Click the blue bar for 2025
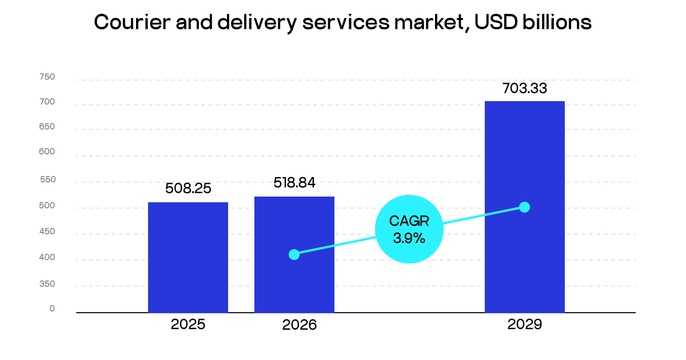[188, 257]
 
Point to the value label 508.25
[188, 189]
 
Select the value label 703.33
[525, 89]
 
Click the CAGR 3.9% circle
[409, 229]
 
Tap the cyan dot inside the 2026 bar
[294, 254]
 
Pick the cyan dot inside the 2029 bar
[524, 207]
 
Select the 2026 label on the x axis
[299, 325]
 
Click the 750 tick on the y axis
[47, 77]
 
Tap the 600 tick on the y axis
[47, 152]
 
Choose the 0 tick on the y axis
[52, 309]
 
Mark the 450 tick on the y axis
[47, 231]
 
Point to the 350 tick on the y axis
[47, 283]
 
